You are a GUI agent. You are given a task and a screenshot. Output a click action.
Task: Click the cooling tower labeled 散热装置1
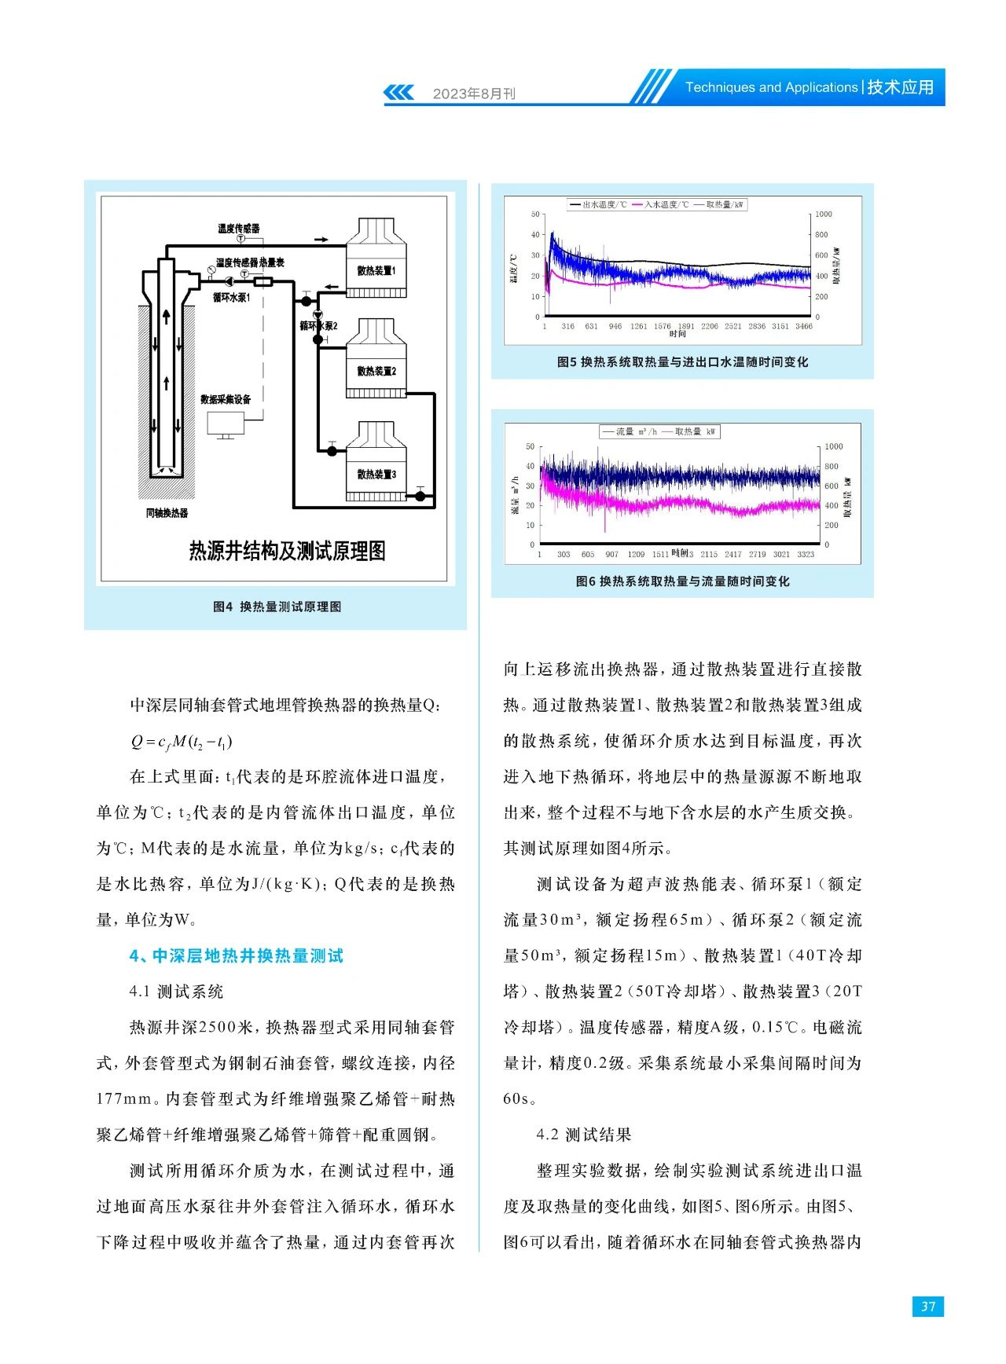[376, 259]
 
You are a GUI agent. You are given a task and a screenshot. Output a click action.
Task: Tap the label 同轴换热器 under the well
[167, 513]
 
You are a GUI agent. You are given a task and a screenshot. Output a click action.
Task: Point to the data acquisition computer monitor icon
[226, 424]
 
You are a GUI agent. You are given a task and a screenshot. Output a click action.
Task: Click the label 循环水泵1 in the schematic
[231, 298]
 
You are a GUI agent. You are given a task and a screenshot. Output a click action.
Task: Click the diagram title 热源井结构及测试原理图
[287, 551]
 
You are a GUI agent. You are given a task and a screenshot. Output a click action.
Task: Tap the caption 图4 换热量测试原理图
[277, 607]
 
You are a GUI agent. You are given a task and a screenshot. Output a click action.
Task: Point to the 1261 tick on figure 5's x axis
[639, 326]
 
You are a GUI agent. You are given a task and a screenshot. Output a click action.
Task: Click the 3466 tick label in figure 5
[803, 326]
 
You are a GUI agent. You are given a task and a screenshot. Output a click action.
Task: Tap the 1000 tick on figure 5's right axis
[823, 214]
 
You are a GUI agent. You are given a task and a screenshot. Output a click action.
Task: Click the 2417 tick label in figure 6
[732, 554]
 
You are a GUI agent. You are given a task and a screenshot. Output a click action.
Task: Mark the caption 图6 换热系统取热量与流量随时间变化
[682, 581]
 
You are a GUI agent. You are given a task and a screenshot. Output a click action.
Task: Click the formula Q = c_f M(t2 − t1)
[182, 741]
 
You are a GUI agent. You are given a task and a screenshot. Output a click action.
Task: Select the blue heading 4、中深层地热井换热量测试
[237, 955]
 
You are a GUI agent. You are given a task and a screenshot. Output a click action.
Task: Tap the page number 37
[928, 1306]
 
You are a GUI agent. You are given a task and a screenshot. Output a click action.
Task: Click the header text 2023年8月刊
[474, 93]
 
